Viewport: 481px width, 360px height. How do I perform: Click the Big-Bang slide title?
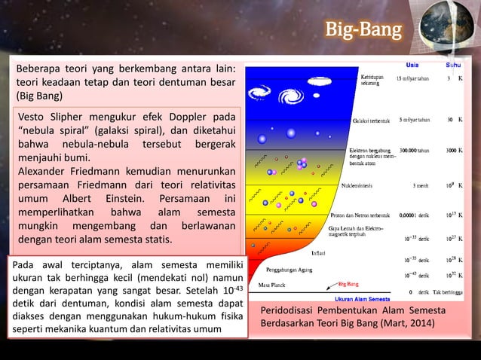[364, 31]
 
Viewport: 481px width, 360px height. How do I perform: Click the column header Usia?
[414, 65]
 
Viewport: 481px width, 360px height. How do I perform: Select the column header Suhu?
[455, 65]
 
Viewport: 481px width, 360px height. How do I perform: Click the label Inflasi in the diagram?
[318, 253]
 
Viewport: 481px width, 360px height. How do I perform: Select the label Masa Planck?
[274, 285]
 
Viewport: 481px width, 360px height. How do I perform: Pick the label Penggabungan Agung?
[291, 268]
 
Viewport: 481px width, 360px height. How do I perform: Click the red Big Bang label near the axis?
[348, 285]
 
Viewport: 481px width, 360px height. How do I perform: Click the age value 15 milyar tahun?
[414, 79]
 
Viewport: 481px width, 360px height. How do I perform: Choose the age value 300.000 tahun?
[414, 151]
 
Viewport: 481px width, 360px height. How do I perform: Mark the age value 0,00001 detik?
[414, 215]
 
